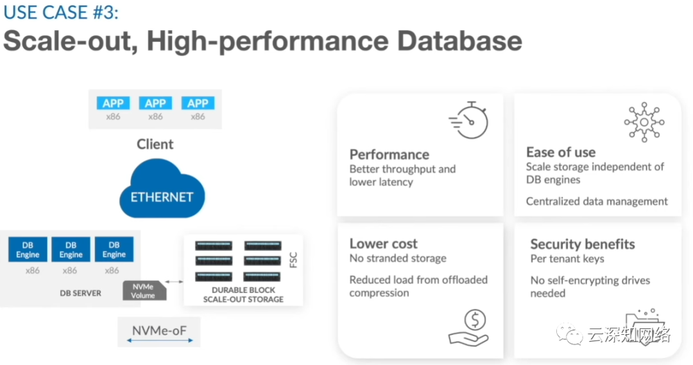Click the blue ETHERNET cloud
[162, 190]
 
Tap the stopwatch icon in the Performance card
[469, 120]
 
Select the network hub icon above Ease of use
[644, 122]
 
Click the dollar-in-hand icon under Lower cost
[469, 328]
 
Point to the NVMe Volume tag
[144, 290]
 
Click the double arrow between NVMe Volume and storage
[174, 282]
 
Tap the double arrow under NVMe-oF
[160, 340]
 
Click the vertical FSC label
[293, 260]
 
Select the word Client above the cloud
[155, 144]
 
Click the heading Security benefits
[583, 244]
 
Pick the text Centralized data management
[597, 201]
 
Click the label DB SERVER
[80, 293]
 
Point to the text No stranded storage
[398, 258]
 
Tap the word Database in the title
[459, 40]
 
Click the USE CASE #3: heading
[61, 12]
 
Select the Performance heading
[389, 154]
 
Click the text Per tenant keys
[567, 259]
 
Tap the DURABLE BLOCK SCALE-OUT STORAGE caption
[244, 295]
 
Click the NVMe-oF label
[160, 330]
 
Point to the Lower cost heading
[383, 244]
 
